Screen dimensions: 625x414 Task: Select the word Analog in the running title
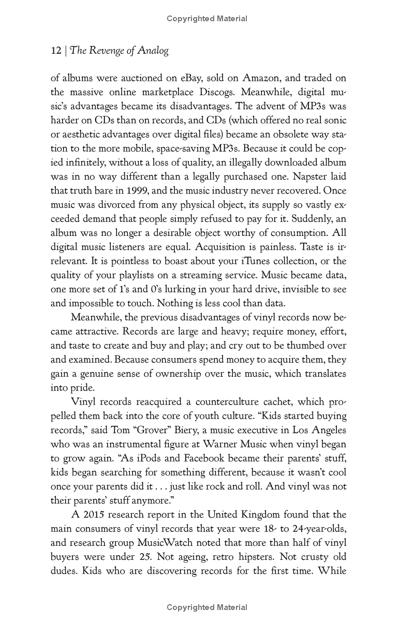click(x=154, y=51)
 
